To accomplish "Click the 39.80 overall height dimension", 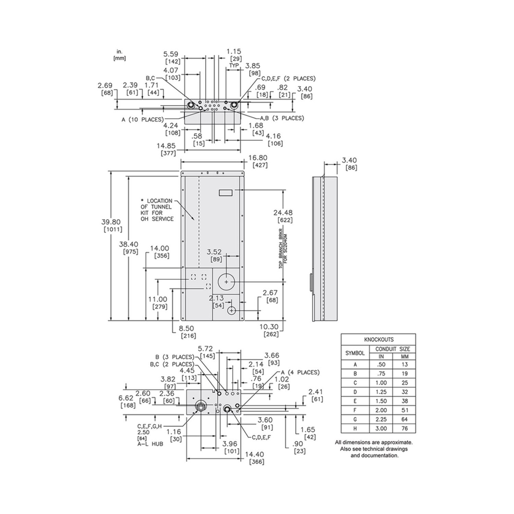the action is click(111, 222).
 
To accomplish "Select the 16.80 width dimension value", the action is click(258, 158).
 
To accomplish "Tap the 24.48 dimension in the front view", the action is click(283, 212).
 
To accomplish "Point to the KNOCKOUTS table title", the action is click(379, 340).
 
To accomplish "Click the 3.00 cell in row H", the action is click(381, 428).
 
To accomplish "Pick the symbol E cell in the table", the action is click(355, 401).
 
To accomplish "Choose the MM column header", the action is click(405, 356).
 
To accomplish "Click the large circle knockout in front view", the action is click(227, 282).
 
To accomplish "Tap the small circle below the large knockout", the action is click(232, 310).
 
